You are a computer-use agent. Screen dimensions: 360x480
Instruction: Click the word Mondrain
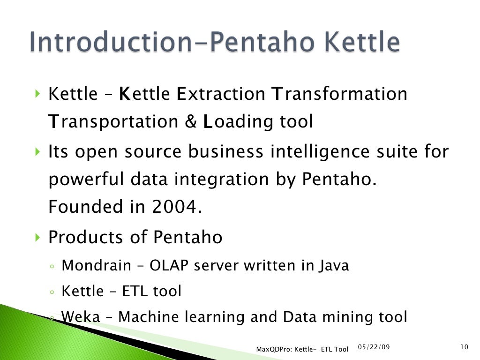pos(97,266)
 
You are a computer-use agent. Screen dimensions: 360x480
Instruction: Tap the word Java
pos(335,266)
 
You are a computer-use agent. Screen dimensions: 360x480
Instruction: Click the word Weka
pos(81,317)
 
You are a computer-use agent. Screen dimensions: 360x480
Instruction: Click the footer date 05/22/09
pos(374,347)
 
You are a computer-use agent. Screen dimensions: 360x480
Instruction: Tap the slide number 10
pos(465,347)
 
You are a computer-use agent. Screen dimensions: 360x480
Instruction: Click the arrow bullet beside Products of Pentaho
pos(37,238)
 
